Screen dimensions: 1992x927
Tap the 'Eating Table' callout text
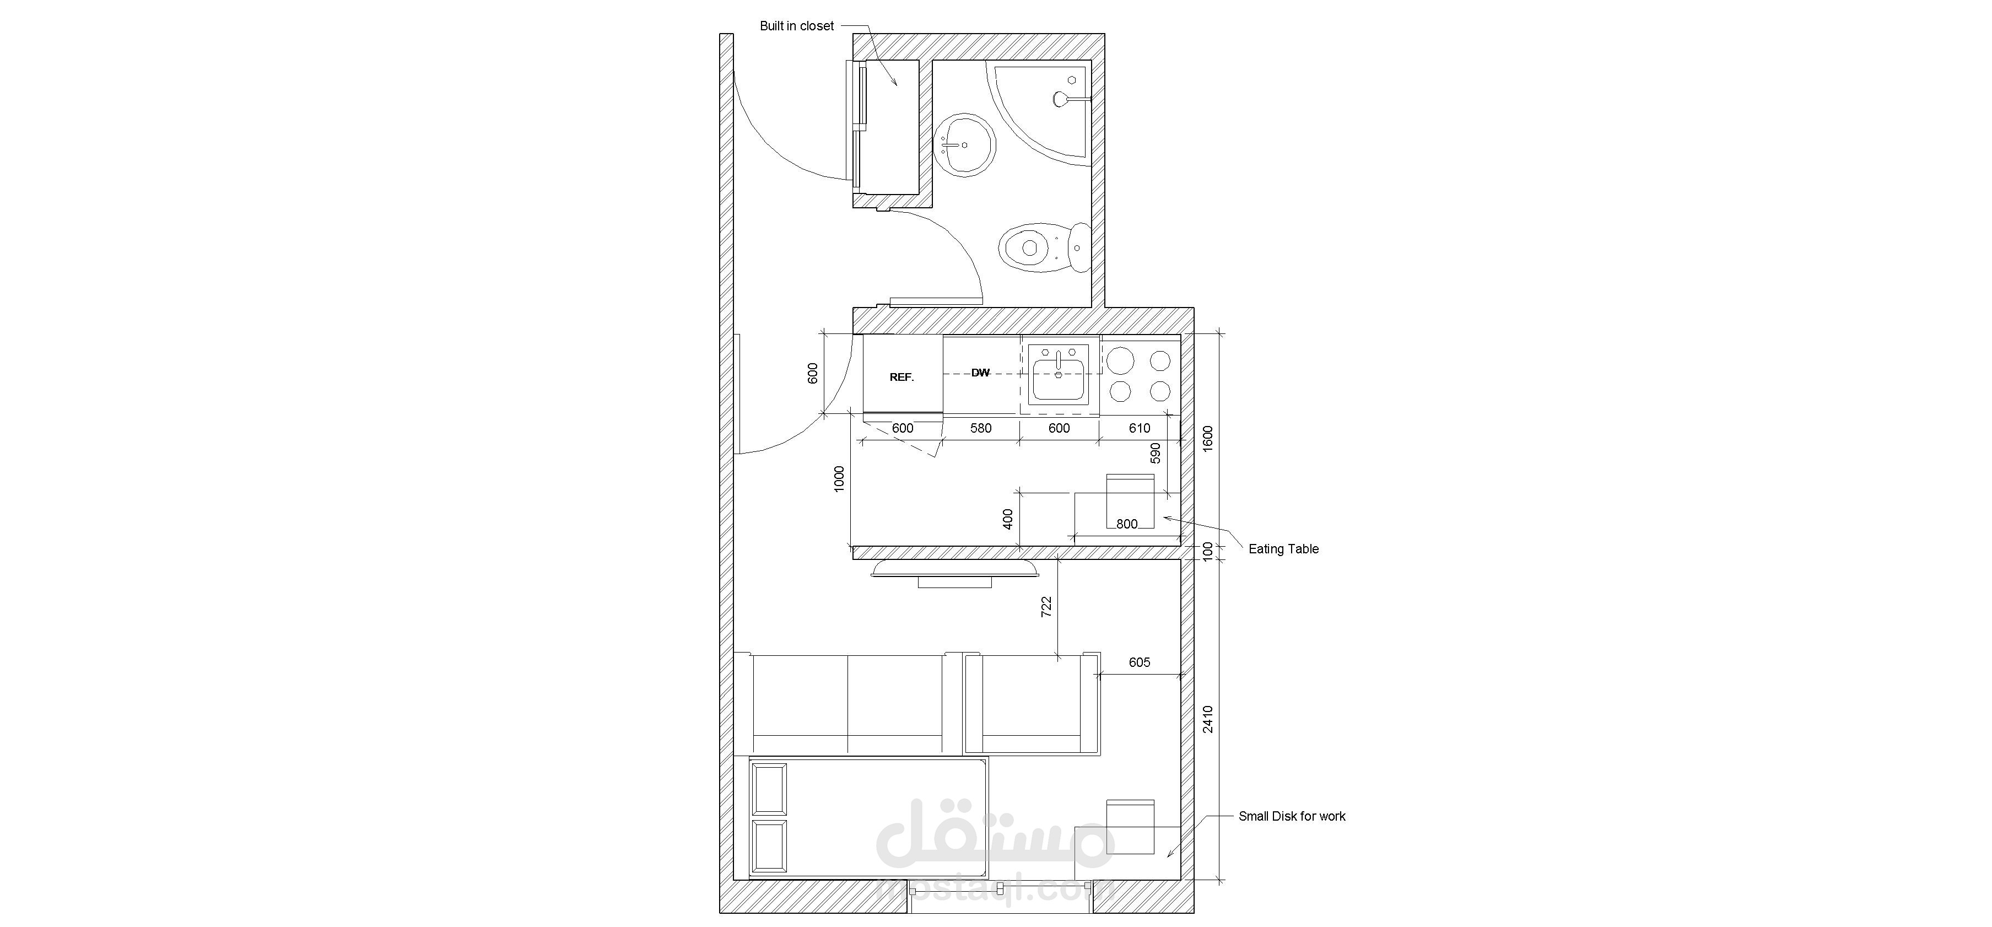[1284, 549]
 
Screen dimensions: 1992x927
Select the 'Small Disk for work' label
[1292, 816]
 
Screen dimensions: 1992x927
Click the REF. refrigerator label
[901, 378]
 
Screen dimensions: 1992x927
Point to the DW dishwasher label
[980, 373]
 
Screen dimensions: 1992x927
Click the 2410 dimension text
[1208, 719]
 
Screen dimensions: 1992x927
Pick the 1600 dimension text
[1208, 438]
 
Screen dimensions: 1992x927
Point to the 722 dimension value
[1046, 606]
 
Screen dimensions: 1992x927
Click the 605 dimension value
[1139, 662]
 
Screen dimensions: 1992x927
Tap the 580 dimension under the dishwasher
[980, 428]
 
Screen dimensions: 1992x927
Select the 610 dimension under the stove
[1139, 428]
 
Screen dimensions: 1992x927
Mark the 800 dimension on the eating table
[1127, 524]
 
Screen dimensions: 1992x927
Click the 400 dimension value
[1007, 519]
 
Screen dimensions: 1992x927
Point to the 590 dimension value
[1156, 453]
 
